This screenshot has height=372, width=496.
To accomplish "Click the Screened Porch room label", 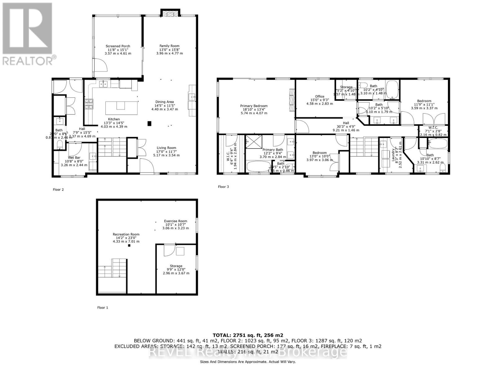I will coord(118,46).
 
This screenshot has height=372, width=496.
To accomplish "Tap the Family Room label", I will coord(169,46).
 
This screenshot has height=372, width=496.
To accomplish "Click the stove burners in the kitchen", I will coord(89,104).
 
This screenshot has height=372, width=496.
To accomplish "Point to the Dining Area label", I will coord(164,102).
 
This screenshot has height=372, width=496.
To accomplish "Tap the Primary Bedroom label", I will coord(254,106).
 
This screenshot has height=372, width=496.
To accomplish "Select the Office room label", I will coord(320,96).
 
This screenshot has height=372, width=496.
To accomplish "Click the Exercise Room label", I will coord(175,221).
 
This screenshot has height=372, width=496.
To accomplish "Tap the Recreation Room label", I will coord(126,234).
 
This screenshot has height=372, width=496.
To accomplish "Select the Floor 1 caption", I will coord(103,308).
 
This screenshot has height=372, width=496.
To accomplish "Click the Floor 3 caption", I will coord(223,187).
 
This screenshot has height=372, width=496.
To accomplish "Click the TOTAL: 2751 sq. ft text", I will coord(248,335).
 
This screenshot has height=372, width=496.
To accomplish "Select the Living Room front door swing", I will coord(147,165).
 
